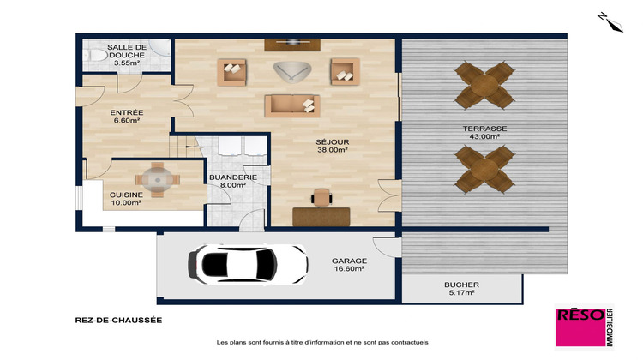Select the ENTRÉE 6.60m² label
pyautogui.click(x=126, y=117)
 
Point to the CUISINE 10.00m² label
pyautogui.click(x=125, y=199)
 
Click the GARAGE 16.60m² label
pyautogui.click(x=349, y=264)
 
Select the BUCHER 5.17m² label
pyautogui.click(x=461, y=290)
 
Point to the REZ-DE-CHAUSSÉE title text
pyautogui.click(x=118, y=321)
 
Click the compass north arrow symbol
pyautogui.click(x=610, y=21)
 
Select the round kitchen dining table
pyautogui.click(x=157, y=179)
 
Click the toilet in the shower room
pyautogui.click(x=95, y=57)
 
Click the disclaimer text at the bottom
pyautogui.click(x=322, y=343)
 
